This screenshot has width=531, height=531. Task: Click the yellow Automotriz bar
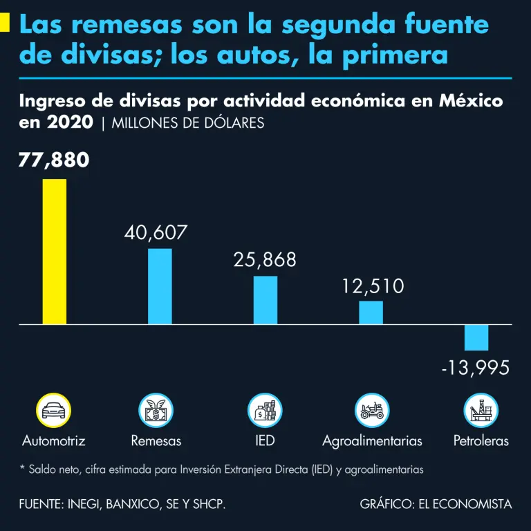55,252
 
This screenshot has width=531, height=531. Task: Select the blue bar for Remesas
160,286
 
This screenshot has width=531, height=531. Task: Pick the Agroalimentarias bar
371,313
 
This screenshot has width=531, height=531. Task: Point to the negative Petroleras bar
476,337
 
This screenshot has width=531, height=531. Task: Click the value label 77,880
54,160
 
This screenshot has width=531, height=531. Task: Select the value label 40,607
156,232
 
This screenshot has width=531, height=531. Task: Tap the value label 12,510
373,286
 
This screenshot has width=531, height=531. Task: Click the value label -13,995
476,368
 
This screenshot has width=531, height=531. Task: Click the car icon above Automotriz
54,411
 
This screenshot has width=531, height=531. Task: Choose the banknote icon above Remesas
156,411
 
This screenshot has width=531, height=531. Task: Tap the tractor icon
372,411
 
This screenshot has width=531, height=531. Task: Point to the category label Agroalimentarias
372,441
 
